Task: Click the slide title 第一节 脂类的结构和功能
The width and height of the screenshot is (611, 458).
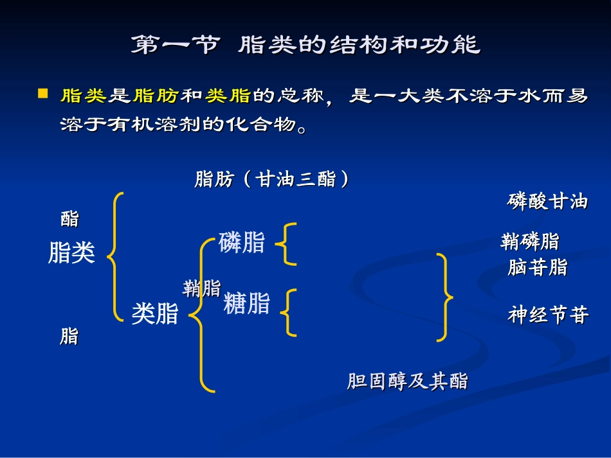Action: click(x=305, y=46)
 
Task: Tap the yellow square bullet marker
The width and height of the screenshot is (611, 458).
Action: click(x=43, y=94)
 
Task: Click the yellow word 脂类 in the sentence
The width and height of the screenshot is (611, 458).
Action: click(x=83, y=96)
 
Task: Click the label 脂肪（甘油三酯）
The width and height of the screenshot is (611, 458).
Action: click(x=273, y=179)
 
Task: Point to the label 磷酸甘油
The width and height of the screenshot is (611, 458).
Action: click(x=548, y=202)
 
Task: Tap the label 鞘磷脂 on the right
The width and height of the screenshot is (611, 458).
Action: click(x=530, y=242)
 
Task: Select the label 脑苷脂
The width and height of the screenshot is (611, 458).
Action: click(x=538, y=267)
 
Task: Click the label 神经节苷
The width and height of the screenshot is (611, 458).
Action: click(x=548, y=315)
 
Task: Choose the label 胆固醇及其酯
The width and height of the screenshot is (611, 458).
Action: click(x=408, y=382)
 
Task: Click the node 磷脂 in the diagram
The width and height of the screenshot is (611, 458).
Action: click(x=242, y=243)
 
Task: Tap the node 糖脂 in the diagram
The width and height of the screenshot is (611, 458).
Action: click(x=247, y=303)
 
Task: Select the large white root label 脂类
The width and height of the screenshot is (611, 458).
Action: click(x=71, y=252)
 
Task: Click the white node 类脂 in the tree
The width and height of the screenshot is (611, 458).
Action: click(x=154, y=314)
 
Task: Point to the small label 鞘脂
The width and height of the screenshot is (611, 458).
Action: click(x=201, y=288)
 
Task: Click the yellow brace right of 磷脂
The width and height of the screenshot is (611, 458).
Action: click(x=287, y=244)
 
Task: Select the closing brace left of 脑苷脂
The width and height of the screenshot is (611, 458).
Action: click(x=444, y=297)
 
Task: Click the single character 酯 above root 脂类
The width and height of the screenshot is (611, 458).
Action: click(x=69, y=219)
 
